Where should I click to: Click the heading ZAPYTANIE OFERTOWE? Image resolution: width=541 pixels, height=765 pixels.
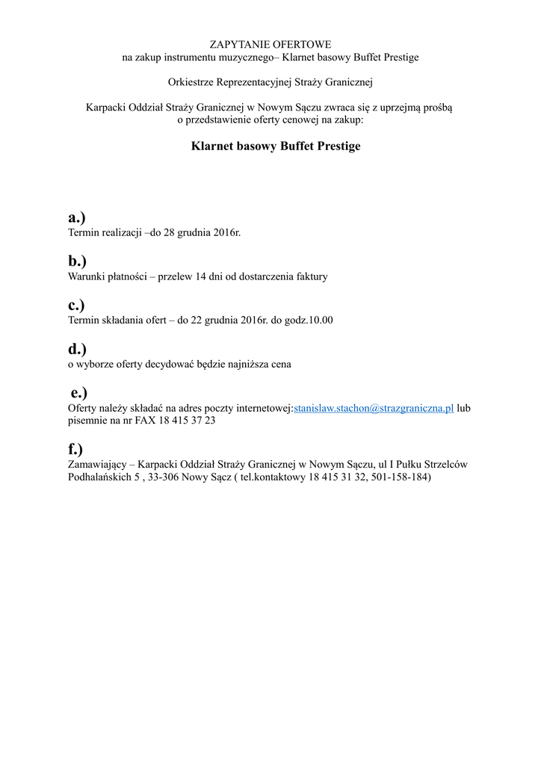point(270,45)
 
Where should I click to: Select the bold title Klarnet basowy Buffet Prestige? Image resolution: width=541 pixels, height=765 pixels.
point(276,146)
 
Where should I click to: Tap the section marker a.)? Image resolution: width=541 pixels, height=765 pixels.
point(77,217)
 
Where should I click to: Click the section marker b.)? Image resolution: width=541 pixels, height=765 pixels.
point(77,261)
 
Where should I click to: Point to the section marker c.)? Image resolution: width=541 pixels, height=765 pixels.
point(76,305)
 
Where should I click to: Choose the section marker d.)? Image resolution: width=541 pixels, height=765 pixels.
point(77,349)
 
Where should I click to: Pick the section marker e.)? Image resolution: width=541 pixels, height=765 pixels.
point(79,393)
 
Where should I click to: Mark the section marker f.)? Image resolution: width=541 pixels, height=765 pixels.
point(75,449)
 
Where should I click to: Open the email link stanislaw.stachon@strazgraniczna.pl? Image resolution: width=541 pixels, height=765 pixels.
point(374,409)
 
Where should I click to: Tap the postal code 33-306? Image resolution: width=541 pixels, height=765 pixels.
point(162,477)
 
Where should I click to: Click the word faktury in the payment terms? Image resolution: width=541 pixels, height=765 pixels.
point(311,276)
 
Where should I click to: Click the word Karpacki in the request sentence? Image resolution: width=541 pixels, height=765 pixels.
point(106,107)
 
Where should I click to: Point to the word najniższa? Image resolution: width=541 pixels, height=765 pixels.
point(243,365)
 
